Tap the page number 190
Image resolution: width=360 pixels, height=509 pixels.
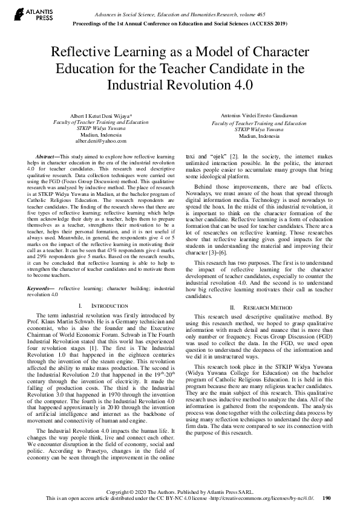pos(327,498)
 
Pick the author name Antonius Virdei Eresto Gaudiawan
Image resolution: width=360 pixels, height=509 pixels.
pos(258,116)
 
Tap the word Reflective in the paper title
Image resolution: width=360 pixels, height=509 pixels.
pos(82,53)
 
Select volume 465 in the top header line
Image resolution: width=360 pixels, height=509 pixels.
pos(254,13)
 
